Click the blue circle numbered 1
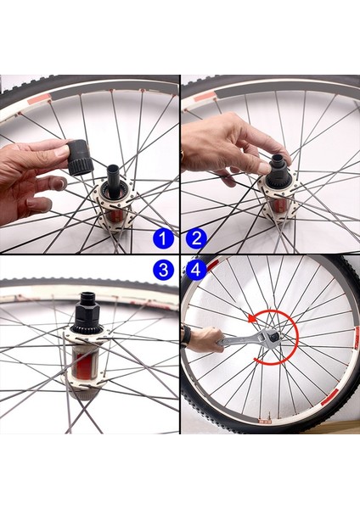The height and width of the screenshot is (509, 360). tap(165, 238)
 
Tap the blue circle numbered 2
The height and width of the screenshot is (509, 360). tap(195, 238)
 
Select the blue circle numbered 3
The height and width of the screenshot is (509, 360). tap(165, 271)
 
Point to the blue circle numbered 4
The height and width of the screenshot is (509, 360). tap(195, 271)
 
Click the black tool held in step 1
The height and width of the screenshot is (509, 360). tap(80, 156)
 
